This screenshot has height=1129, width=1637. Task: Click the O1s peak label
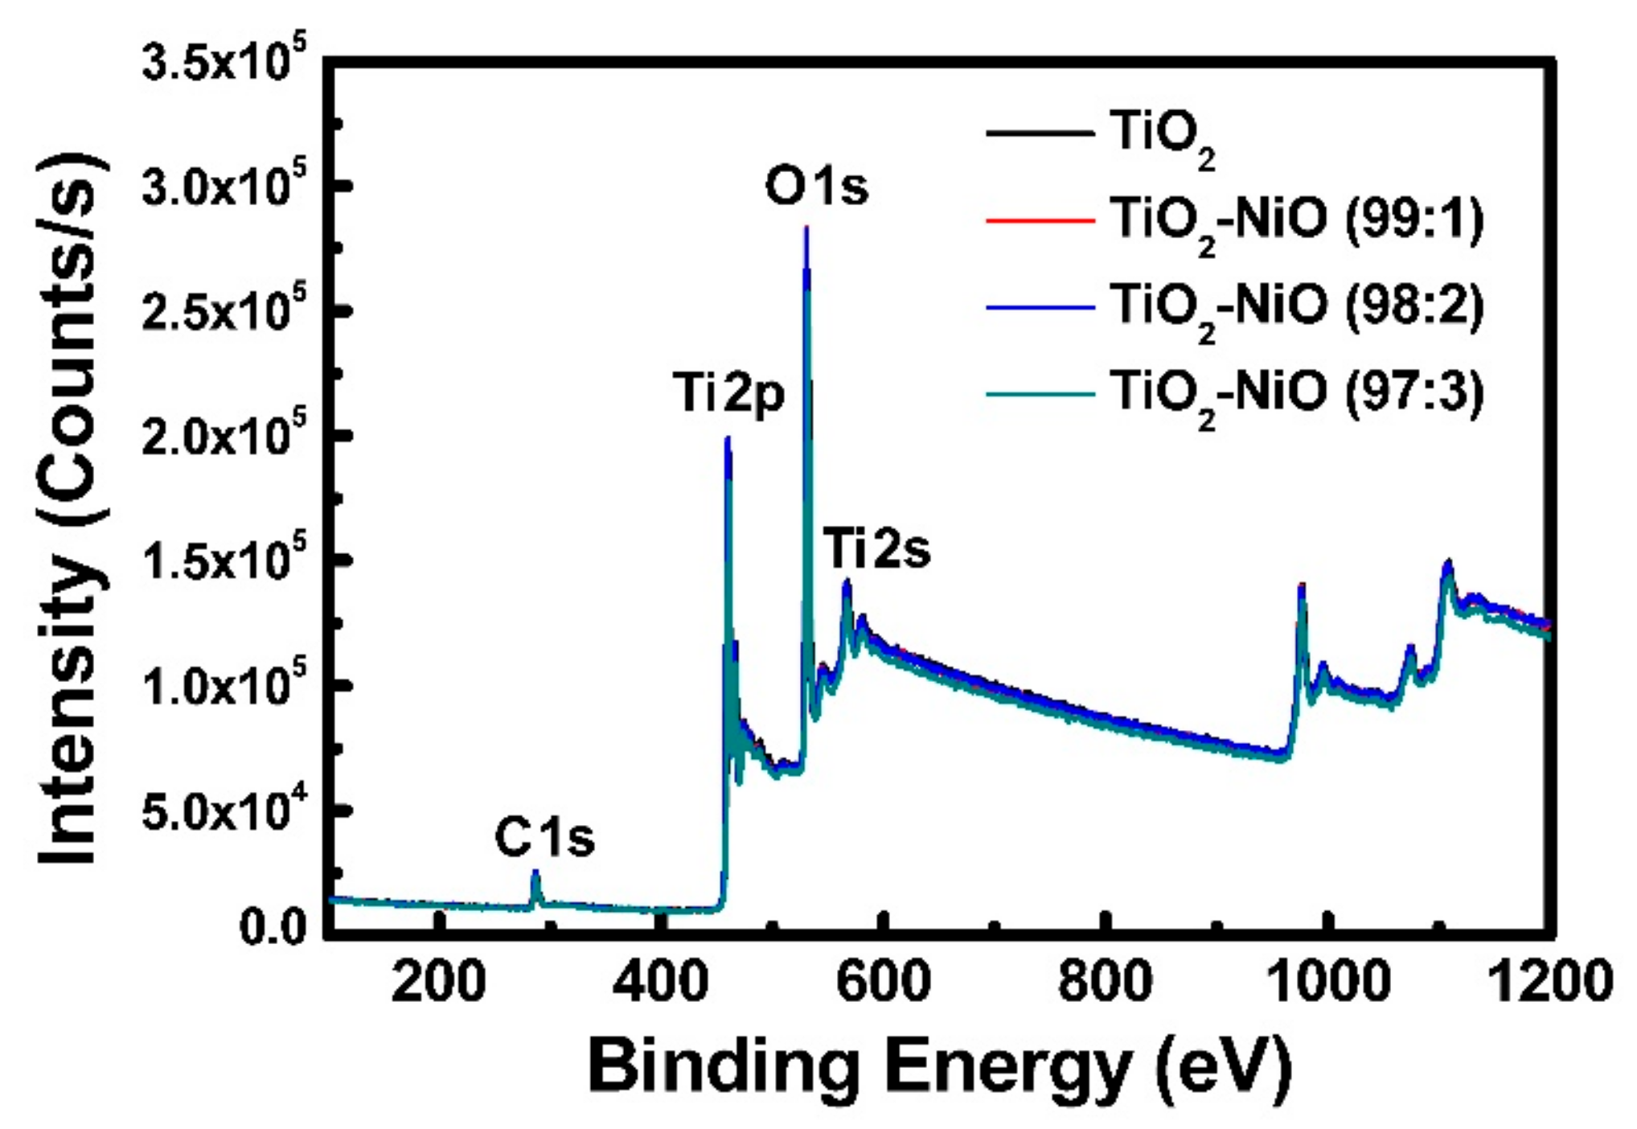[x=816, y=187]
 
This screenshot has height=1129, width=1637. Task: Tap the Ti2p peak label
[x=728, y=394]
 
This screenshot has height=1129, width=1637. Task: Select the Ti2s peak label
[x=876, y=551]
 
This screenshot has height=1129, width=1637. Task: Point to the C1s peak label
[x=544, y=838]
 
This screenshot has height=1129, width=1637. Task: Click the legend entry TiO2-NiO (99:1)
[x=1296, y=220]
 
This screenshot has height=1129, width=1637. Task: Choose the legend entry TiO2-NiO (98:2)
[x=1296, y=306]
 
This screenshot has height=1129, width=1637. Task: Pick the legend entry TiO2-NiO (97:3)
[x=1296, y=393]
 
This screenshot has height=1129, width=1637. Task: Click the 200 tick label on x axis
[x=438, y=982]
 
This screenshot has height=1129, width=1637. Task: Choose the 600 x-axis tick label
[x=883, y=982]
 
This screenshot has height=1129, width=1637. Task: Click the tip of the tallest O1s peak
[x=806, y=229]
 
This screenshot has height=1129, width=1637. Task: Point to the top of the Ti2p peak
[x=728, y=439]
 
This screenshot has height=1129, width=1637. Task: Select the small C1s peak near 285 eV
[x=535, y=872]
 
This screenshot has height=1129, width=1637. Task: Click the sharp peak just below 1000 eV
[x=1302, y=585]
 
